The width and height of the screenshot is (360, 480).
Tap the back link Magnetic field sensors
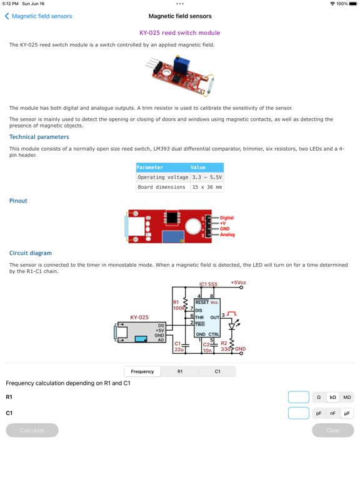(39, 16)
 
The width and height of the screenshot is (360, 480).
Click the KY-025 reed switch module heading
(180, 32)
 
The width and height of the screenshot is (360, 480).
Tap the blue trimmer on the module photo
(181, 64)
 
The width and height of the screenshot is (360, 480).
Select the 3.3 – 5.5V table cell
(207, 177)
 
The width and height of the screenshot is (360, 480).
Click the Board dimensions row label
(162, 187)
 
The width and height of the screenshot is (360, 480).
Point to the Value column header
(197, 167)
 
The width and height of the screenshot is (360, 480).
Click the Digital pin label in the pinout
(226, 217)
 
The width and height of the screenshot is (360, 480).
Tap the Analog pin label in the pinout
(227, 234)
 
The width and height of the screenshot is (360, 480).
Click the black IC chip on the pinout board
(172, 217)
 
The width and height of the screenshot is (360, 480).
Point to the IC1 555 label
(208, 284)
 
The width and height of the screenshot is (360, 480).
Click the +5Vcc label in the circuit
(239, 282)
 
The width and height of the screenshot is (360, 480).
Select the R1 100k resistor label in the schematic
(179, 305)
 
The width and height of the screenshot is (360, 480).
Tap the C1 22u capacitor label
(179, 346)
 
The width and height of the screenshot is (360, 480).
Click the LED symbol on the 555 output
(232, 326)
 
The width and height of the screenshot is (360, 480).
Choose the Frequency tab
(142, 371)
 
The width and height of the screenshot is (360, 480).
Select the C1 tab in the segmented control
(217, 371)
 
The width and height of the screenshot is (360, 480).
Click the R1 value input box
(299, 397)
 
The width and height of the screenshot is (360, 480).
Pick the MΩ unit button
(347, 397)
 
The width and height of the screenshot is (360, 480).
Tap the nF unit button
(332, 413)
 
